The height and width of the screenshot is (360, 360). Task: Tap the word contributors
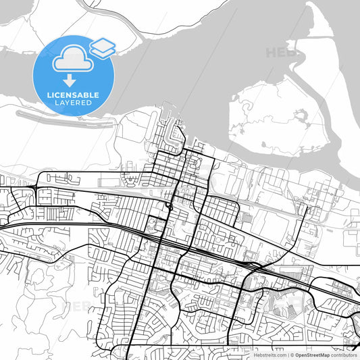tap(342, 354)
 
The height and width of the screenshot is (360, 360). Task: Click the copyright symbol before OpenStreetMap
tap(291, 354)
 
